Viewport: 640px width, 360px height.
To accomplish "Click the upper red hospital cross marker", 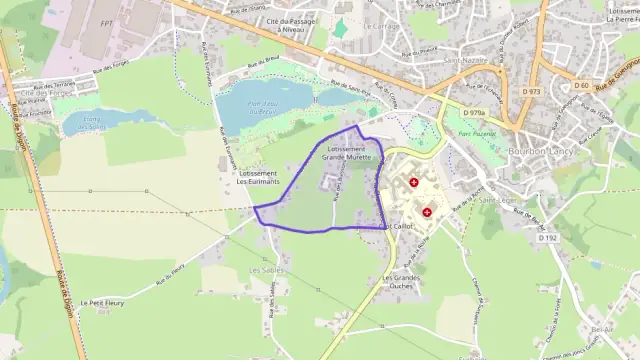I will pos(414,183).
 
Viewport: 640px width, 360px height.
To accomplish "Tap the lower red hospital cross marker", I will pos(427,212).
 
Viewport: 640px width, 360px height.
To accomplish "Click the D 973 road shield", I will pos(531,91).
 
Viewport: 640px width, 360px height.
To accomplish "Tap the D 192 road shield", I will pos(547,238).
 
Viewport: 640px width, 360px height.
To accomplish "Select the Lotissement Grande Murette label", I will pos(346,153).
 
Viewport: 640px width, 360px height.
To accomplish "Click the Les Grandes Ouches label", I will pos(402,280).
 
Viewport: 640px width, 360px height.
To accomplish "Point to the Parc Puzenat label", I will pos(476,134).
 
